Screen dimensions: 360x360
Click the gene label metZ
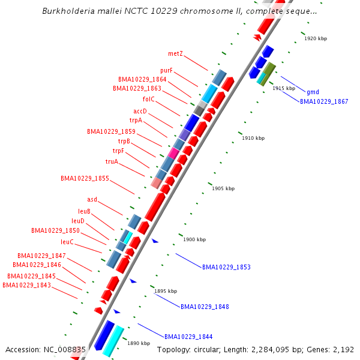point(175,53)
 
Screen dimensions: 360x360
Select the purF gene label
point(166,71)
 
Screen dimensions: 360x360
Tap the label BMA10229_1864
point(142,79)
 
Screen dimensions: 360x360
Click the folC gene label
point(149,99)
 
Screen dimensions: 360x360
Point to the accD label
point(140,111)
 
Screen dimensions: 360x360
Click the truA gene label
point(112,161)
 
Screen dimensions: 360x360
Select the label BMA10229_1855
point(85,178)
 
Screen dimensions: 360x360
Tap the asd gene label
point(92,199)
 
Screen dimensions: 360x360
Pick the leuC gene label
point(67,242)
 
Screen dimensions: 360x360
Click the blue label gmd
point(313,92)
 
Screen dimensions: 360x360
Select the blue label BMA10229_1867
point(324,101)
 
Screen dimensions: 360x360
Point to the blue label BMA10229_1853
point(226,267)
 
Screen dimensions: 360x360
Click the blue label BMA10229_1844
point(188,337)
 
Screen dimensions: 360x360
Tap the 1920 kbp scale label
point(316,38)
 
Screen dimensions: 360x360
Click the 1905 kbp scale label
point(223,188)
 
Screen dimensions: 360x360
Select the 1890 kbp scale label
point(138,343)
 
